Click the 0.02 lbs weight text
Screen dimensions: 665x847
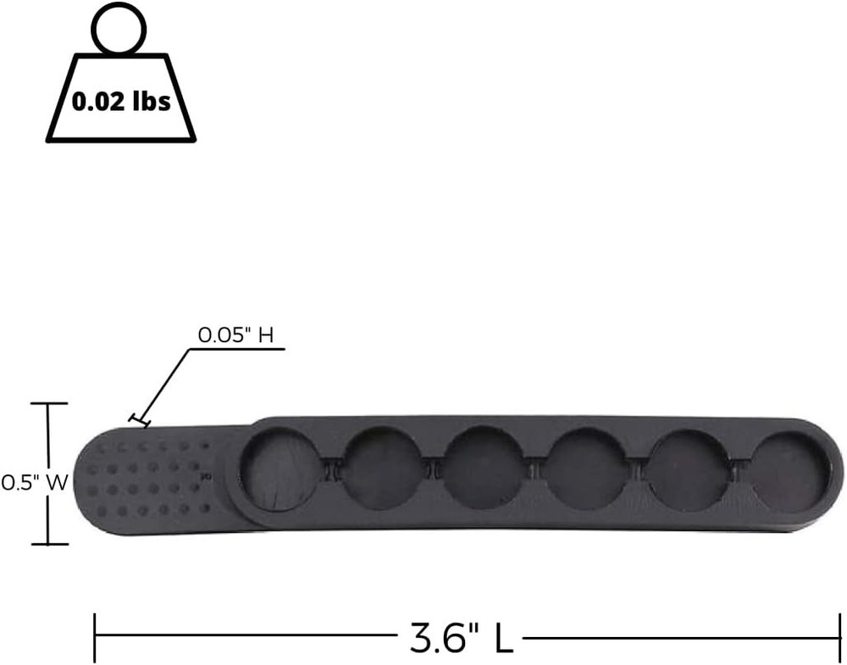pos(121,102)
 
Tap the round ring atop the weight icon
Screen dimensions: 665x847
pos(119,30)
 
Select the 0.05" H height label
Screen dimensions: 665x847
pos(235,335)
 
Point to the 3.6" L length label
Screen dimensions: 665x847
pos(462,638)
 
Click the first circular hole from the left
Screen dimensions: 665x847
pos(279,470)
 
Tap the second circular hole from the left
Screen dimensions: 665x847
pos(379,468)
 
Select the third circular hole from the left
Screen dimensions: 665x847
pos(483,468)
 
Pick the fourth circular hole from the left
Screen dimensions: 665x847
pos(584,468)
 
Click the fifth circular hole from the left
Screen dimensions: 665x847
pos(688,468)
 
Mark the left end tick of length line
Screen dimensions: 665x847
pos(95,638)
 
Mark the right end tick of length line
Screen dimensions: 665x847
pos(839,638)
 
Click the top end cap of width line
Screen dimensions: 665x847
pos(46,404)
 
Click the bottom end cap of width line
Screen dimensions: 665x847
pos(46,544)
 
